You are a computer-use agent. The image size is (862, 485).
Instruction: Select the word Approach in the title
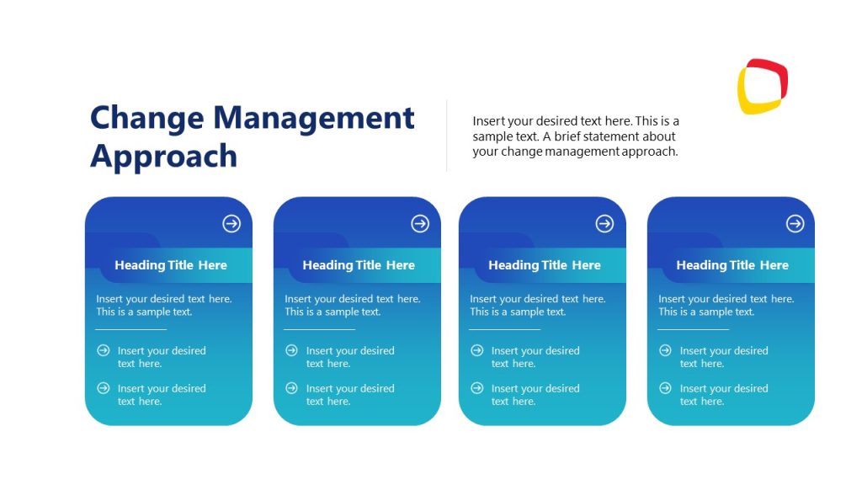[164, 157]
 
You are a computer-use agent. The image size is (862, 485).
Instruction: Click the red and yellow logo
[763, 86]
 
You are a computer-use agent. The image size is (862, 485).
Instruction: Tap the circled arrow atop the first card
[231, 223]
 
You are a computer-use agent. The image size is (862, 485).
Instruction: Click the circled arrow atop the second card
[420, 223]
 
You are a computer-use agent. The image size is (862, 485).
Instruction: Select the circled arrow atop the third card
[604, 223]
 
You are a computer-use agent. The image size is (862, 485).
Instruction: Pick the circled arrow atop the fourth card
[795, 223]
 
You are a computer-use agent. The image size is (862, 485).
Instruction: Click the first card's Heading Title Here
[171, 265]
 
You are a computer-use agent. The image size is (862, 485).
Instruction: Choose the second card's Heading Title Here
[359, 265]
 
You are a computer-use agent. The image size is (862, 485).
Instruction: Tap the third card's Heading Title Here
[545, 265]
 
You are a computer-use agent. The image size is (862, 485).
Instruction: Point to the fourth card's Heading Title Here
[732, 265]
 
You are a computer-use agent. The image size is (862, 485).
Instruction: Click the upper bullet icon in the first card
[104, 350]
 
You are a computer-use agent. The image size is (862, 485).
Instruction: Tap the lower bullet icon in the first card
[104, 388]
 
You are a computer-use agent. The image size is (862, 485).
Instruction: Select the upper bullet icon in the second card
[292, 350]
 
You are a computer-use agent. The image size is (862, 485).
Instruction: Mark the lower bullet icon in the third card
[477, 388]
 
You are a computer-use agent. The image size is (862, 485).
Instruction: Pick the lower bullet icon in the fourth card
[666, 388]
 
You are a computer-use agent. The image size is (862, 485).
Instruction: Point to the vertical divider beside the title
[446, 136]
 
